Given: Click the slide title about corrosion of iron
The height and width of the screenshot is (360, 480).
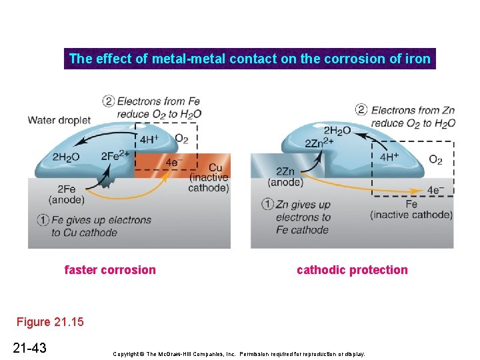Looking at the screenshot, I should point(249,59).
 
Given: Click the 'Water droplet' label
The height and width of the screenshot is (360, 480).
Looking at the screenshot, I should point(59,121).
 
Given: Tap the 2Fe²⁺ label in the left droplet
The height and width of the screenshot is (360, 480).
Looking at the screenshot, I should point(115,157).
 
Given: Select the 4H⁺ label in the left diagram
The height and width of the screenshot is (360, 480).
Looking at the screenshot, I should point(149,140).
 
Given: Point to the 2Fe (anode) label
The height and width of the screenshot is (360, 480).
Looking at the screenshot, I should point(67,194).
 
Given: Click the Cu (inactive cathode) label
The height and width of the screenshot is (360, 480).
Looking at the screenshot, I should point(209,177).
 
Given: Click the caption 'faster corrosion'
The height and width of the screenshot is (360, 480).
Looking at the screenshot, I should point(110,270).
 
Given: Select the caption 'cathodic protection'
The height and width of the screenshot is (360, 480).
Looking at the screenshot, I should point(352,270).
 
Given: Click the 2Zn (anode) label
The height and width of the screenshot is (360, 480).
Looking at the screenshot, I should point(285,177).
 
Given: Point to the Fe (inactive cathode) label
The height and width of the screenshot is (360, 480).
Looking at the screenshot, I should point(411,209).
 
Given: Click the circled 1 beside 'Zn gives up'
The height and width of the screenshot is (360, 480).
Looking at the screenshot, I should point(267,204).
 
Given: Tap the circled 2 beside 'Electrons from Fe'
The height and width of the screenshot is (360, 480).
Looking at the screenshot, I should point(108,101).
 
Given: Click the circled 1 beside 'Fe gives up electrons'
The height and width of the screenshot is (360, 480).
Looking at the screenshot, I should point(42,220).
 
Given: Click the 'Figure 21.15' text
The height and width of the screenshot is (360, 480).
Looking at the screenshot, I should point(51,322).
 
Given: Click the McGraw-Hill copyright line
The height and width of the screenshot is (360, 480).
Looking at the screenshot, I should point(239,353).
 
